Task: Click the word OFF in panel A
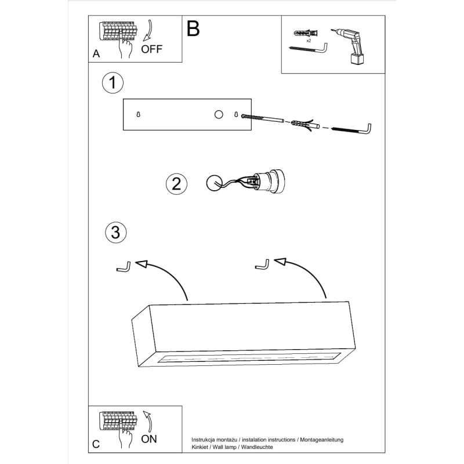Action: click(152, 49)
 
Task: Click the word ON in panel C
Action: click(149, 439)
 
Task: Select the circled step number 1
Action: click(113, 83)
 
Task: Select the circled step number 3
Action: click(115, 233)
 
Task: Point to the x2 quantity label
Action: click(309, 41)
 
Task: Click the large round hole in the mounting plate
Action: click(219, 115)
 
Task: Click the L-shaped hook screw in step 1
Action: click(353, 128)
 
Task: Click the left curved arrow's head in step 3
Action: click(142, 264)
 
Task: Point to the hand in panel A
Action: click(124, 50)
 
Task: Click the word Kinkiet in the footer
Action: click(201, 448)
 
